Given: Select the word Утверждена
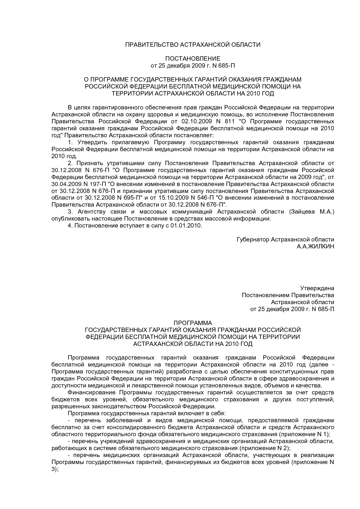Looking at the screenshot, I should (x=317, y=288).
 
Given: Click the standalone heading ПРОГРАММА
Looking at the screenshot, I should (x=193, y=323).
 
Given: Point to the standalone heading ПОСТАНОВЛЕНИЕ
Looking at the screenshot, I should (x=193, y=59).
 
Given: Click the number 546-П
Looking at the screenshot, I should (x=203, y=198).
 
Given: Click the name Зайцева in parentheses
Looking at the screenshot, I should (x=302, y=212).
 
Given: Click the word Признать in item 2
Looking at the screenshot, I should (x=89, y=163).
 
